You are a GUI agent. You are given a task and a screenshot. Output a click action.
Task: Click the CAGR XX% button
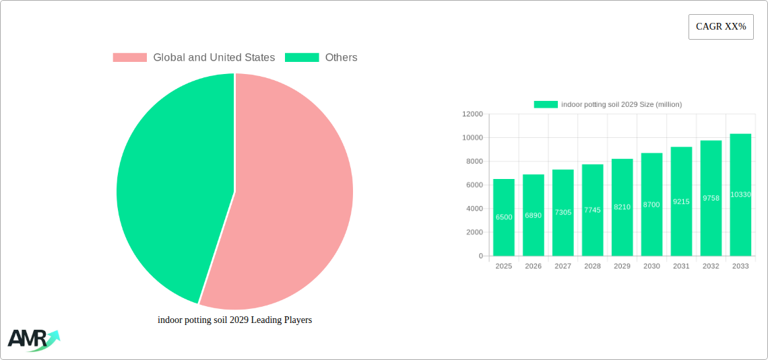pos(720,27)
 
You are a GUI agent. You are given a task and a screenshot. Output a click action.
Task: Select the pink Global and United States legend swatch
pos(129,58)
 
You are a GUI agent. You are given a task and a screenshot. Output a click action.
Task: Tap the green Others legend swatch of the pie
pos(301,58)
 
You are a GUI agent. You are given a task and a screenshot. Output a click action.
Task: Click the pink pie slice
pos(290,202)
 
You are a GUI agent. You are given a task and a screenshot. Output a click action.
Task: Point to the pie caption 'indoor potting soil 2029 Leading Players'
pos(234,320)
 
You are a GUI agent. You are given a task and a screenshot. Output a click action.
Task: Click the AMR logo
pos(32,339)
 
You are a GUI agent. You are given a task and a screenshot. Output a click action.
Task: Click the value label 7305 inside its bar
pos(563,213)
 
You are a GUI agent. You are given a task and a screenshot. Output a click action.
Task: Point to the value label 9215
pos(681,202)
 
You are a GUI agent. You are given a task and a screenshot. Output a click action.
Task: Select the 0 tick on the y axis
pos(480,256)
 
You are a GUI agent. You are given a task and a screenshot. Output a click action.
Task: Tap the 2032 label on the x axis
pos(711,266)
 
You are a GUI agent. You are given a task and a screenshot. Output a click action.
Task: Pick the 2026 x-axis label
pos(533,266)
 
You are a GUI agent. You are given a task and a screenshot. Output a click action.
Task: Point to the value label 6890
pos(533,215)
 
